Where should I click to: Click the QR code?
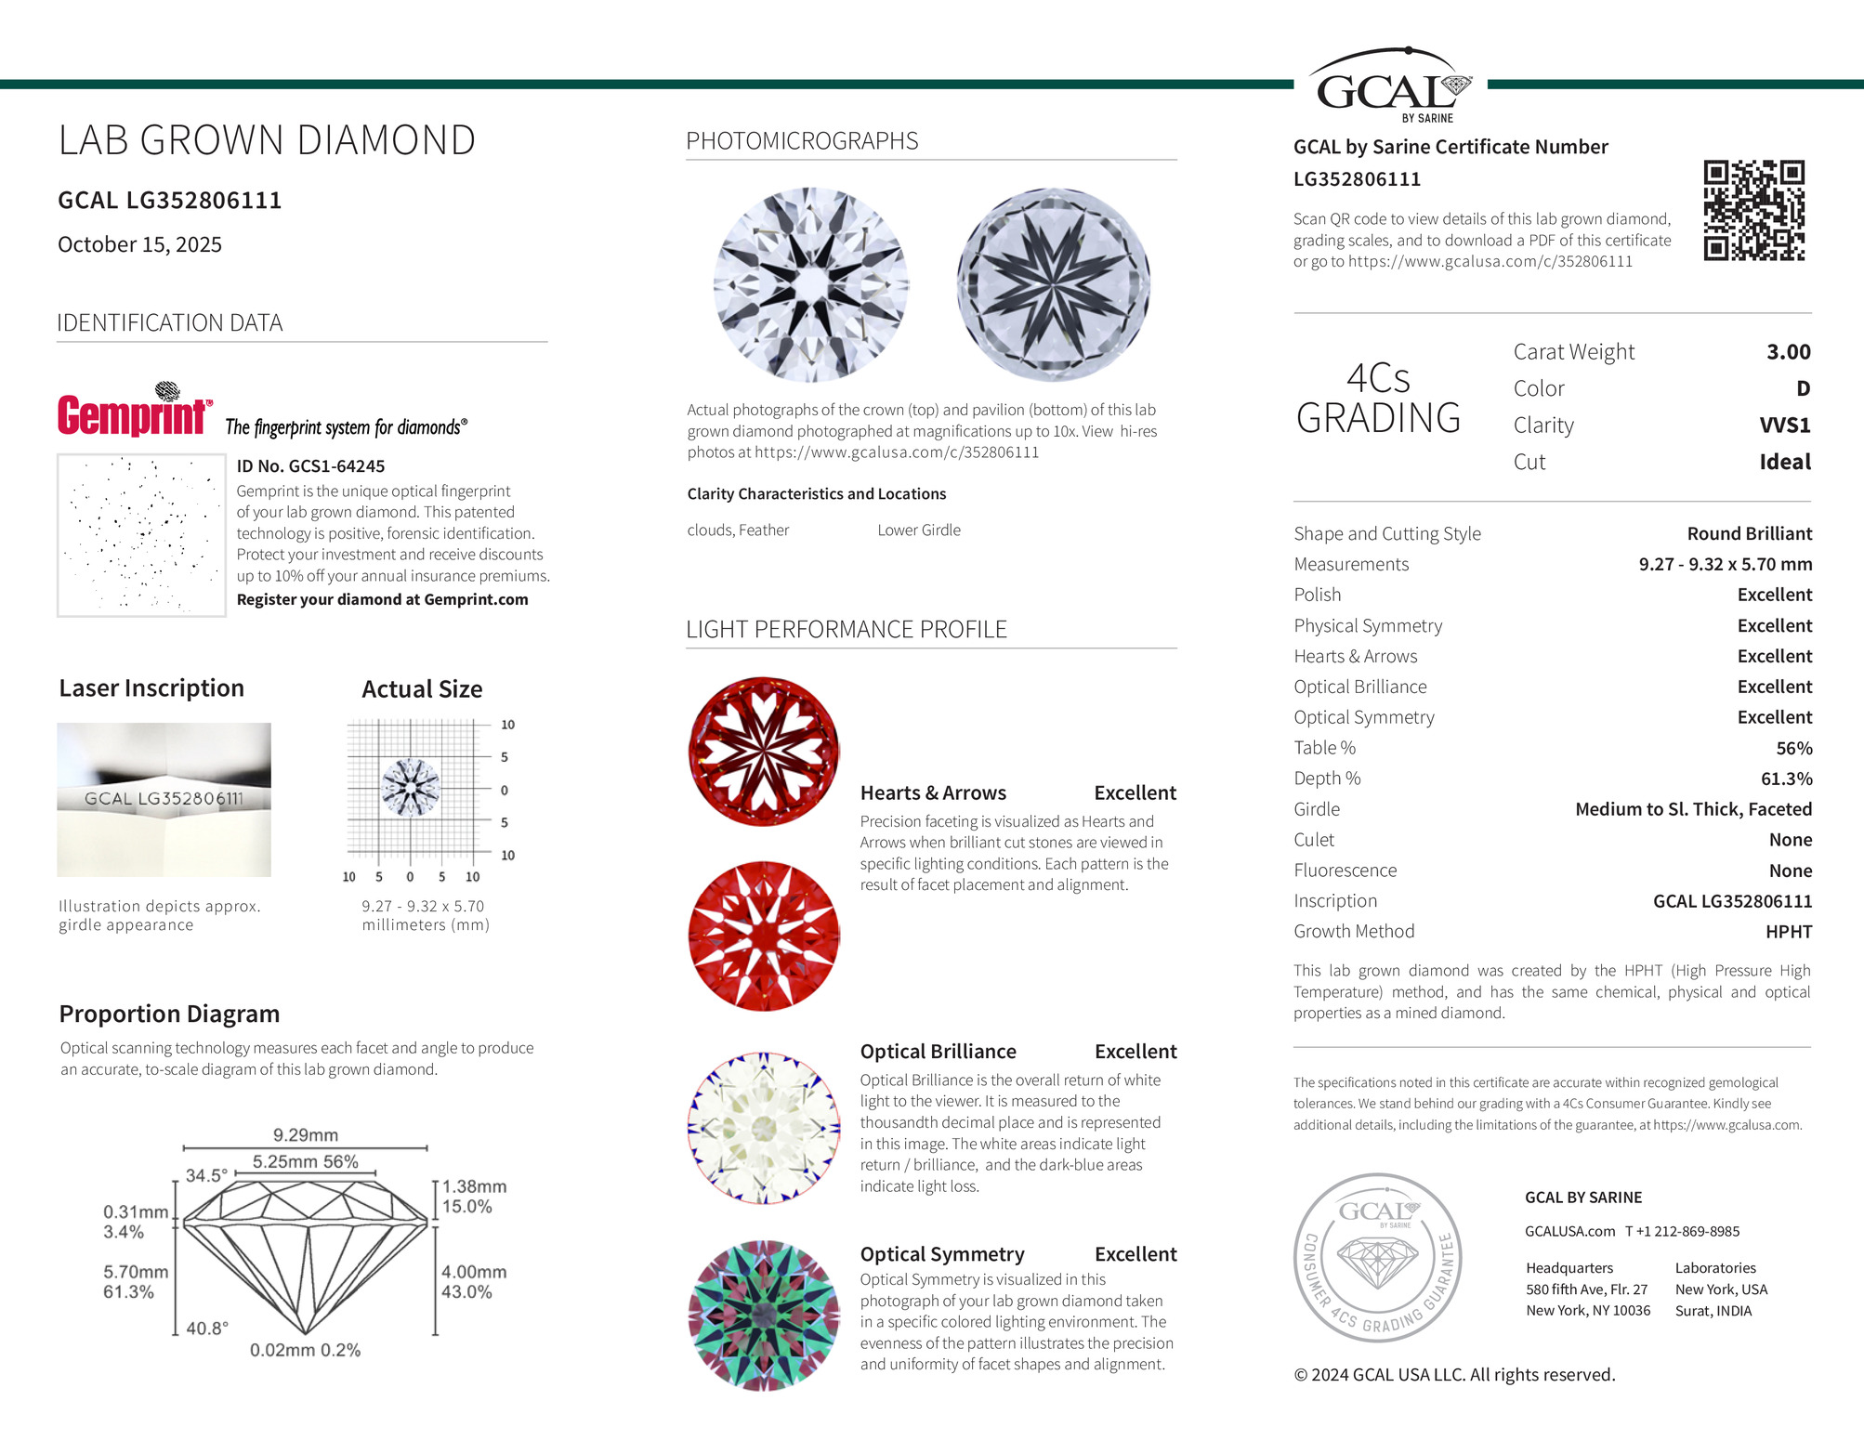[x=1753, y=210]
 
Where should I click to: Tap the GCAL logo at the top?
[x=1390, y=86]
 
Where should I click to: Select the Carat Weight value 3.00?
[x=1788, y=352]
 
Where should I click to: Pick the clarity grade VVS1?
[x=1784, y=425]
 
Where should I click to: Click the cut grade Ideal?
[x=1784, y=462]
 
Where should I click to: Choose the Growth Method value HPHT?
[x=1788, y=932]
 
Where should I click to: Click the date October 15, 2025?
[x=139, y=244]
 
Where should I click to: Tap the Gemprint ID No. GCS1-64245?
[x=310, y=466]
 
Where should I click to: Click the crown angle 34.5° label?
[x=206, y=1175]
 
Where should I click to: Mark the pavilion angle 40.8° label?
[x=207, y=1329]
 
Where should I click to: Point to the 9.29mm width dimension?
[x=306, y=1135]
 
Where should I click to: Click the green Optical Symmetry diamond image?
[x=763, y=1315]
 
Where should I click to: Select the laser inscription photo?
[x=164, y=799]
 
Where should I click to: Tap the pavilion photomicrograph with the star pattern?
[x=1053, y=284]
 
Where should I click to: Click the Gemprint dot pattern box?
[x=141, y=535]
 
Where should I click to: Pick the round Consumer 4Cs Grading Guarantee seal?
[x=1377, y=1257]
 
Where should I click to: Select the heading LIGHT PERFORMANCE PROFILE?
[x=846, y=630]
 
